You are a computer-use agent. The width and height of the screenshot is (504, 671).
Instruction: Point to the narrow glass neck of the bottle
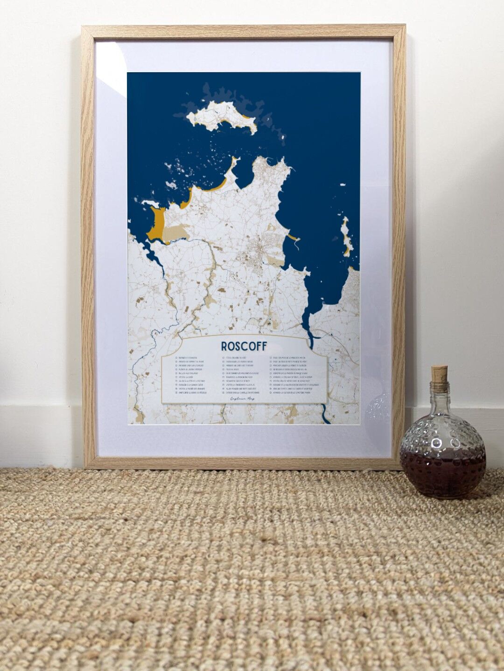pos(439,396)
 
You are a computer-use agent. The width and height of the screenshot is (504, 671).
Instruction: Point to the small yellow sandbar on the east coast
pos(292,238)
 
